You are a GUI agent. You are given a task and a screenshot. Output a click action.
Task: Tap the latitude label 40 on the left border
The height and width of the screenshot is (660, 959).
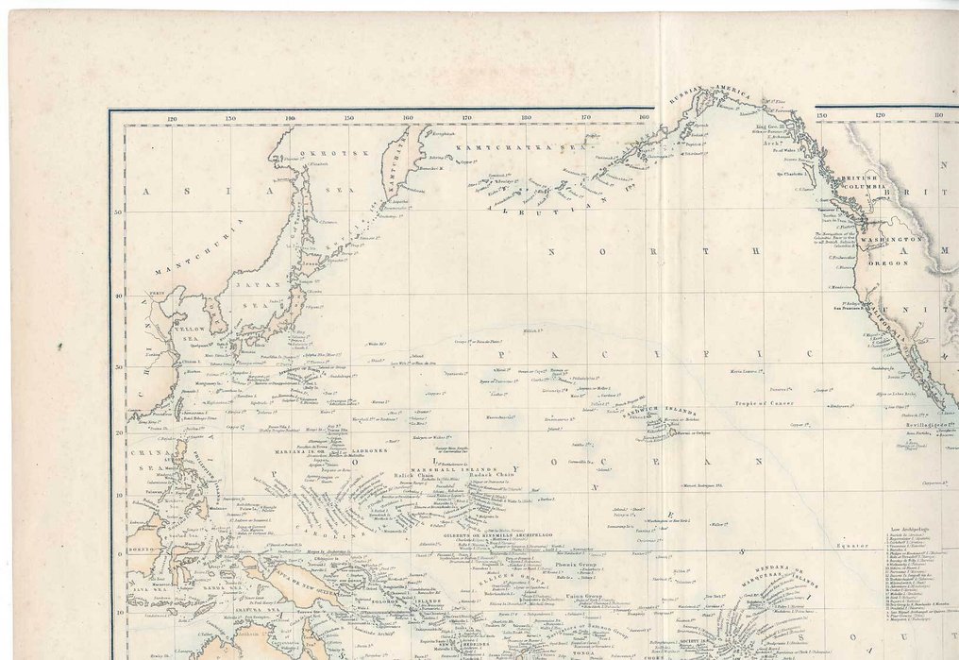click(x=119, y=295)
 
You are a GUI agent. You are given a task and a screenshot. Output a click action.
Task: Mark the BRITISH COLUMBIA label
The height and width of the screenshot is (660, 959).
click(x=866, y=182)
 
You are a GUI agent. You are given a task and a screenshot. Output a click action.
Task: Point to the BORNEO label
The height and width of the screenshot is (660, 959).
click(x=142, y=548)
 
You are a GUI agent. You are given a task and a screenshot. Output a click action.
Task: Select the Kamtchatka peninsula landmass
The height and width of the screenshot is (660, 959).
click(x=399, y=157)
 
